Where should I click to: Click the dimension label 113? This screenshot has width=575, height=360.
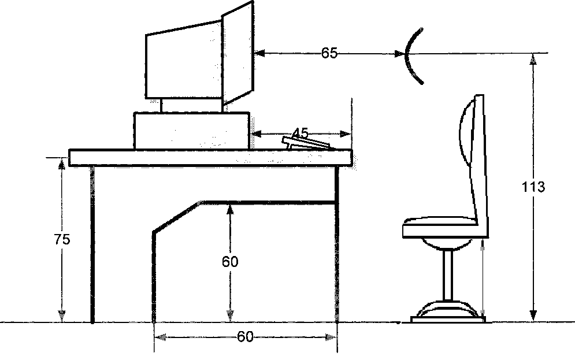click(x=533, y=187)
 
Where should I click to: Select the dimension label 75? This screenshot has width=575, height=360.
click(x=62, y=239)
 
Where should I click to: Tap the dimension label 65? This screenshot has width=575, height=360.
click(x=329, y=53)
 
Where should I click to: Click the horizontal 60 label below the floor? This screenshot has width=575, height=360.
click(x=245, y=337)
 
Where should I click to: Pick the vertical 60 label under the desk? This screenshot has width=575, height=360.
click(x=230, y=262)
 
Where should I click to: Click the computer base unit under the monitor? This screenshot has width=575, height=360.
click(x=192, y=131)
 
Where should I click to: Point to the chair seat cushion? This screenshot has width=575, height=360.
click(x=440, y=226)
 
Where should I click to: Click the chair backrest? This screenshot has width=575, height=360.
click(x=473, y=156)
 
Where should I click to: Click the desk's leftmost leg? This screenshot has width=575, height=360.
click(x=92, y=243)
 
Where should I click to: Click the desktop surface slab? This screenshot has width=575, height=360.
click(x=210, y=158)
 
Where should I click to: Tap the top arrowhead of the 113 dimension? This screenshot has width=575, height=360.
click(x=533, y=58)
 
